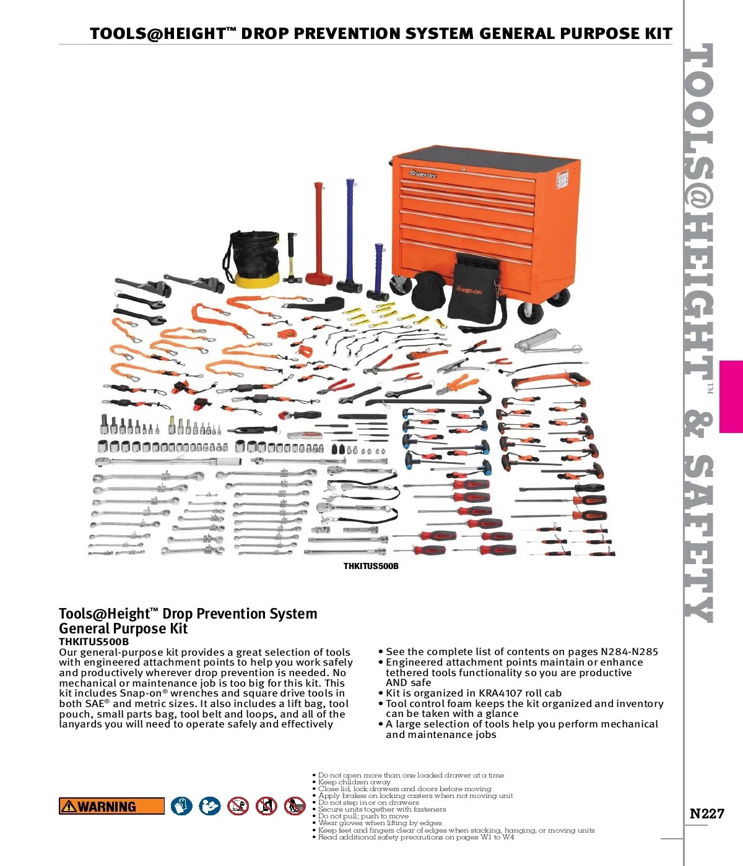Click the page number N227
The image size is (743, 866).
706,813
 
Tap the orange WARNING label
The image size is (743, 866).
111,806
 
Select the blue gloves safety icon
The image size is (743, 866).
181,806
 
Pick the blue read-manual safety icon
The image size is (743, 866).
210,806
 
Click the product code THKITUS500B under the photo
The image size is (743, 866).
371,566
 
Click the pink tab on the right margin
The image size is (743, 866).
731,397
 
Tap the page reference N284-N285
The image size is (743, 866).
629,651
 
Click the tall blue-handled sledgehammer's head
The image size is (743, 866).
349,285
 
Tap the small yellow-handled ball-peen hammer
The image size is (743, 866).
290,260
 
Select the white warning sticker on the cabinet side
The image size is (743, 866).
562,179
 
